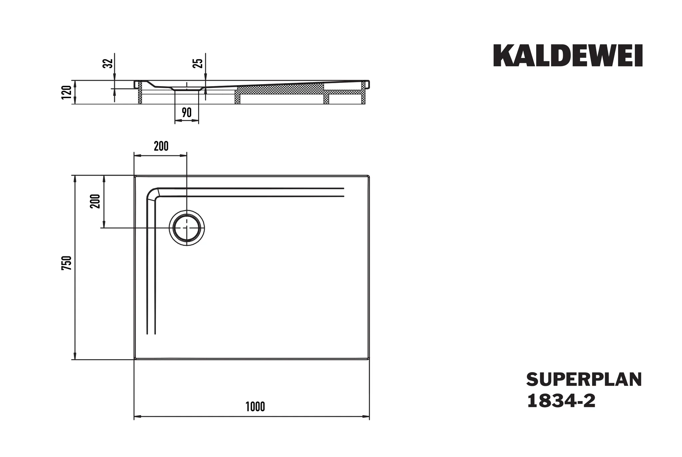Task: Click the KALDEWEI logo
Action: [567, 56]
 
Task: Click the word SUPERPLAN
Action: [584, 380]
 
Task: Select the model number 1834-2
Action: [561, 401]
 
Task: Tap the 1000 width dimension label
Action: [255, 406]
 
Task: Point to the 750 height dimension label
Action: [67, 263]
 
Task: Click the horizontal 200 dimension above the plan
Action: [161, 146]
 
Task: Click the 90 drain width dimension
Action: [187, 113]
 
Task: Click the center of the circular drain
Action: [187, 228]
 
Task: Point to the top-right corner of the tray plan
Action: [369, 176]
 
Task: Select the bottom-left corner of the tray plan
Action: [135, 359]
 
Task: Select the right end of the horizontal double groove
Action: [343, 192]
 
